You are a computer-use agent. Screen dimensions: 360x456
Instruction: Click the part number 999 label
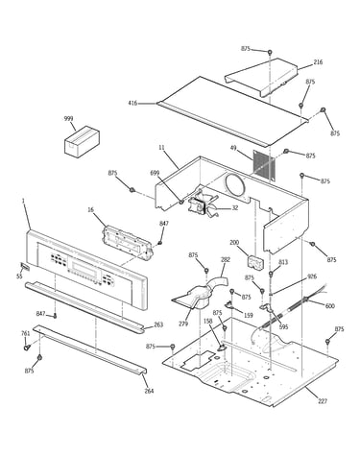point(68,119)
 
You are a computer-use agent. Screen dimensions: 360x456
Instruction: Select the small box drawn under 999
point(82,141)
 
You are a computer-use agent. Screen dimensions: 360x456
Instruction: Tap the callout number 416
point(132,103)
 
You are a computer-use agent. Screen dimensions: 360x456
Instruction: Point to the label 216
point(318,62)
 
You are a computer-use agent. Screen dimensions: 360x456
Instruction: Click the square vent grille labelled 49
point(264,164)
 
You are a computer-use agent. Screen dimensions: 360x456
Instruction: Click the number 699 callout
point(155,173)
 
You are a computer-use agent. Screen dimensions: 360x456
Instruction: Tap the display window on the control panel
point(85,269)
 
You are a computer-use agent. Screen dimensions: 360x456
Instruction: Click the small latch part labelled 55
point(25,266)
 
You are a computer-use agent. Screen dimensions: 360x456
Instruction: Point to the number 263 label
point(158,324)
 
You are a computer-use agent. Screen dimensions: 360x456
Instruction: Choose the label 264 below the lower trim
point(149,391)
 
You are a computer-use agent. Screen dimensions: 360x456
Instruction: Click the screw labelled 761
point(26,347)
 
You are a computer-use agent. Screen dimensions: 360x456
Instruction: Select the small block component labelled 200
point(256,261)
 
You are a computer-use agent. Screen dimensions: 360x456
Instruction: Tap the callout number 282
point(226,259)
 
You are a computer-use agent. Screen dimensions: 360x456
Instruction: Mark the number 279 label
point(183,324)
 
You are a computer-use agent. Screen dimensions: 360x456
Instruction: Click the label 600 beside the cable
point(330,306)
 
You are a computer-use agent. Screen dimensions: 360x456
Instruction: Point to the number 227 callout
point(323,401)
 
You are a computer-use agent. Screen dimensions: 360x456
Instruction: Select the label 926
point(312,276)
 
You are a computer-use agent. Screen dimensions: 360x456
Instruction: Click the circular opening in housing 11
point(235,185)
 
